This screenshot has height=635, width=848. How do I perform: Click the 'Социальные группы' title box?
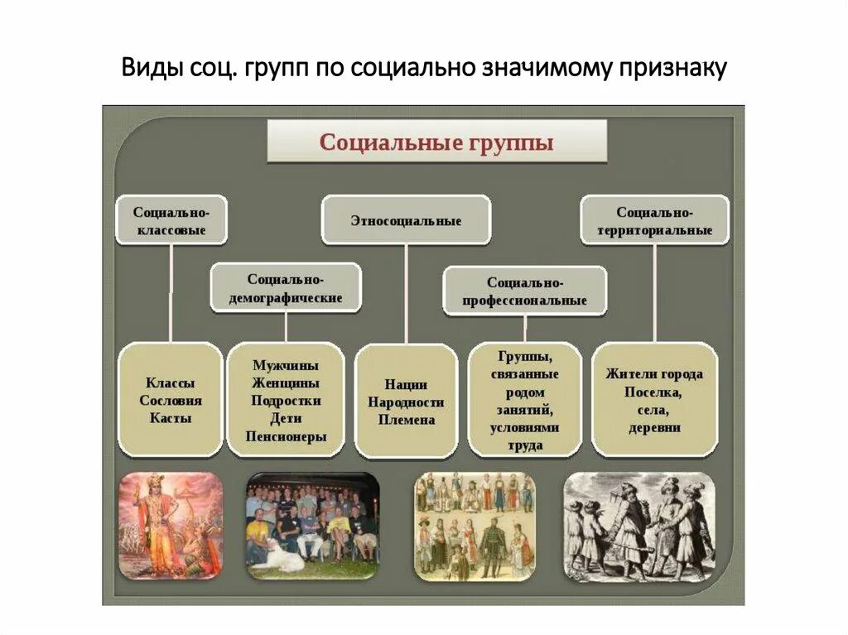(436, 142)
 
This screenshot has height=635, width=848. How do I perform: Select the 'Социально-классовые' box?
(170, 220)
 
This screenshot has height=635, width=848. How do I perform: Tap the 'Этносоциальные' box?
(406, 221)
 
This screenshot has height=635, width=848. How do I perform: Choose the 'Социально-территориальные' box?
(654, 220)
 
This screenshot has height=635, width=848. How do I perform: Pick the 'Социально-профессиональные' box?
(525, 291)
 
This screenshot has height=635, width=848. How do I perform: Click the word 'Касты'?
(171, 418)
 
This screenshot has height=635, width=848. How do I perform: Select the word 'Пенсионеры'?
(286, 436)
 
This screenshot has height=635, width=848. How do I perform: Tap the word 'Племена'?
(406, 420)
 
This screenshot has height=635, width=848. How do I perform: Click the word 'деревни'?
(653, 427)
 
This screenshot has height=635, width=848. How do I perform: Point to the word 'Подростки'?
(286, 400)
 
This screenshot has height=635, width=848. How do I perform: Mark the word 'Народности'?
(406, 402)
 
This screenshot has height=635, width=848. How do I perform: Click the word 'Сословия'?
(171, 401)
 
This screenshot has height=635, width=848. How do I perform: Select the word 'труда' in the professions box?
(525, 445)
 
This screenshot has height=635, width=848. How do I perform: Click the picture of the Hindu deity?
(170, 525)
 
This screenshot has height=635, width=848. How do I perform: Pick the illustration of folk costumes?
(475, 525)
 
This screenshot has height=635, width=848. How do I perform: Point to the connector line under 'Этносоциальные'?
(406, 294)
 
